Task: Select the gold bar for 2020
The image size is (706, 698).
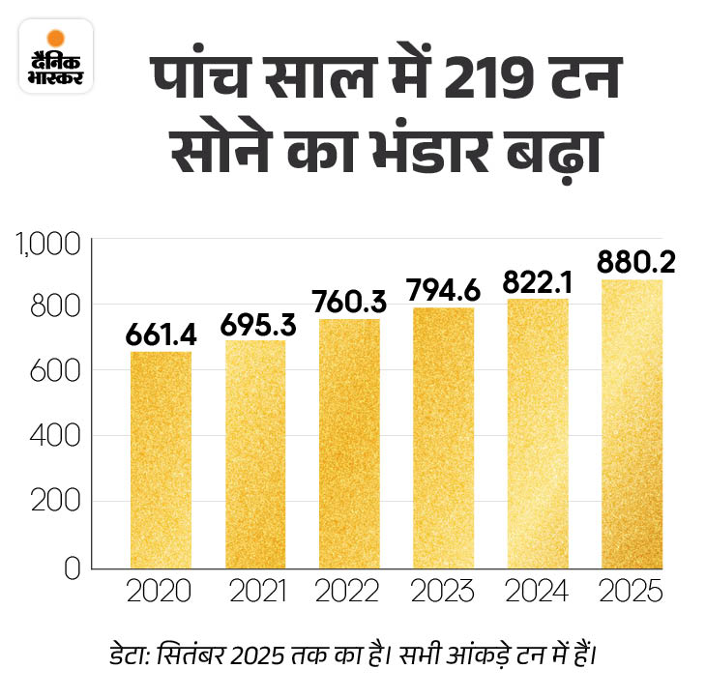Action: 161,459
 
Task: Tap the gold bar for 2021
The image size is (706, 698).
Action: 255,454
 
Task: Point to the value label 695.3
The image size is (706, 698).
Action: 256,324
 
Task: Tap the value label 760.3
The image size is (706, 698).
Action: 350,302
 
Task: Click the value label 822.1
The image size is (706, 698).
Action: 539,281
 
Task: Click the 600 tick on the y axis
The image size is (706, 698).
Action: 59,371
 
